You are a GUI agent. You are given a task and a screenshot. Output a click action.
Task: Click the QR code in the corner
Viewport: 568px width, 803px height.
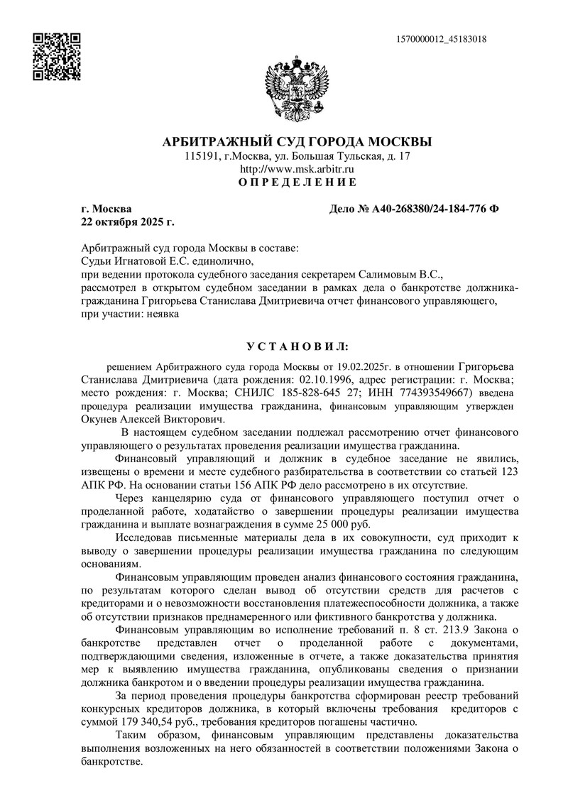click(x=58, y=56)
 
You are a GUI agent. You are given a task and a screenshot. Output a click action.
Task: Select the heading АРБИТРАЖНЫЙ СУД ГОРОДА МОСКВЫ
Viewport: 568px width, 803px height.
click(x=297, y=141)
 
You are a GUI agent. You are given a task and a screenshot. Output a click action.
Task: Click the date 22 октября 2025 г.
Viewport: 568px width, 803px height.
click(x=128, y=222)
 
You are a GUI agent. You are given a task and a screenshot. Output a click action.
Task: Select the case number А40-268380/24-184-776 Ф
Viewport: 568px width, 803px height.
click(x=415, y=209)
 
